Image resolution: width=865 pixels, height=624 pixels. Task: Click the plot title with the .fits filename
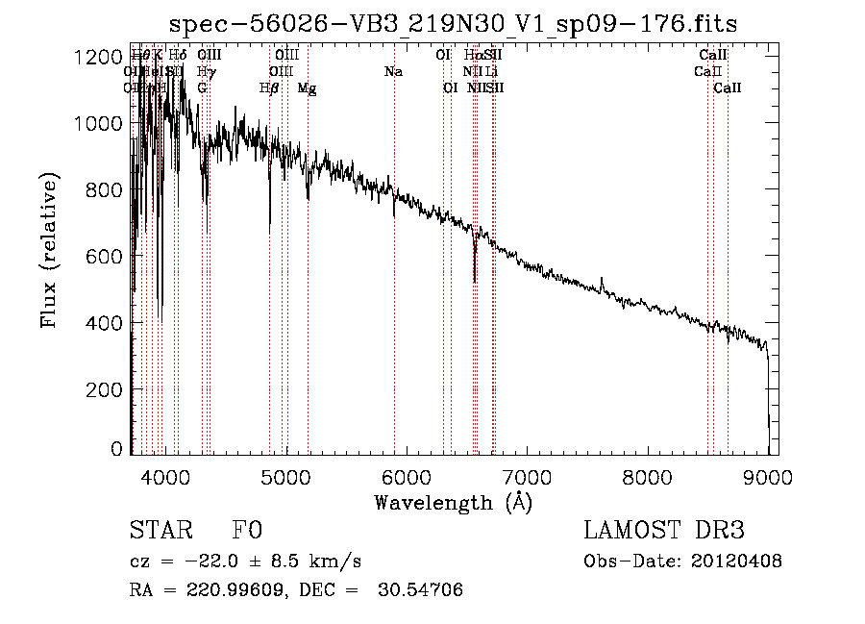click(x=453, y=24)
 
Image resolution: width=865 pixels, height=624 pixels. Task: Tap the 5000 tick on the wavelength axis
click(x=286, y=476)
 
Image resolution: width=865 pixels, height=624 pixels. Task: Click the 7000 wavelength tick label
click(x=527, y=476)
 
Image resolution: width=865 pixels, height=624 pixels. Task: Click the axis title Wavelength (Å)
click(x=453, y=502)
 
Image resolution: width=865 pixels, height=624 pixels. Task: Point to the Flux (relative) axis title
click(x=50, y=248)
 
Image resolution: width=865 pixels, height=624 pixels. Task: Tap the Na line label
click(x=393, y=71)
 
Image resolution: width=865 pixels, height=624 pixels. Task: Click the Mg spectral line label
click(x=307, y=88)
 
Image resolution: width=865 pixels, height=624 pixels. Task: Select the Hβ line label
click(x=269, y=88)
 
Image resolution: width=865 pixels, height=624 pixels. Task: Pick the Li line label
click(x=491, y=71)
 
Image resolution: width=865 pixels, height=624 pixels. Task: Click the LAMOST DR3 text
click(x=663, y=531)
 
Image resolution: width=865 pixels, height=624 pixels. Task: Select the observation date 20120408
click(x=736, y=562)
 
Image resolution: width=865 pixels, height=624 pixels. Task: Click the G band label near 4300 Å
click(x=203, y=88)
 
